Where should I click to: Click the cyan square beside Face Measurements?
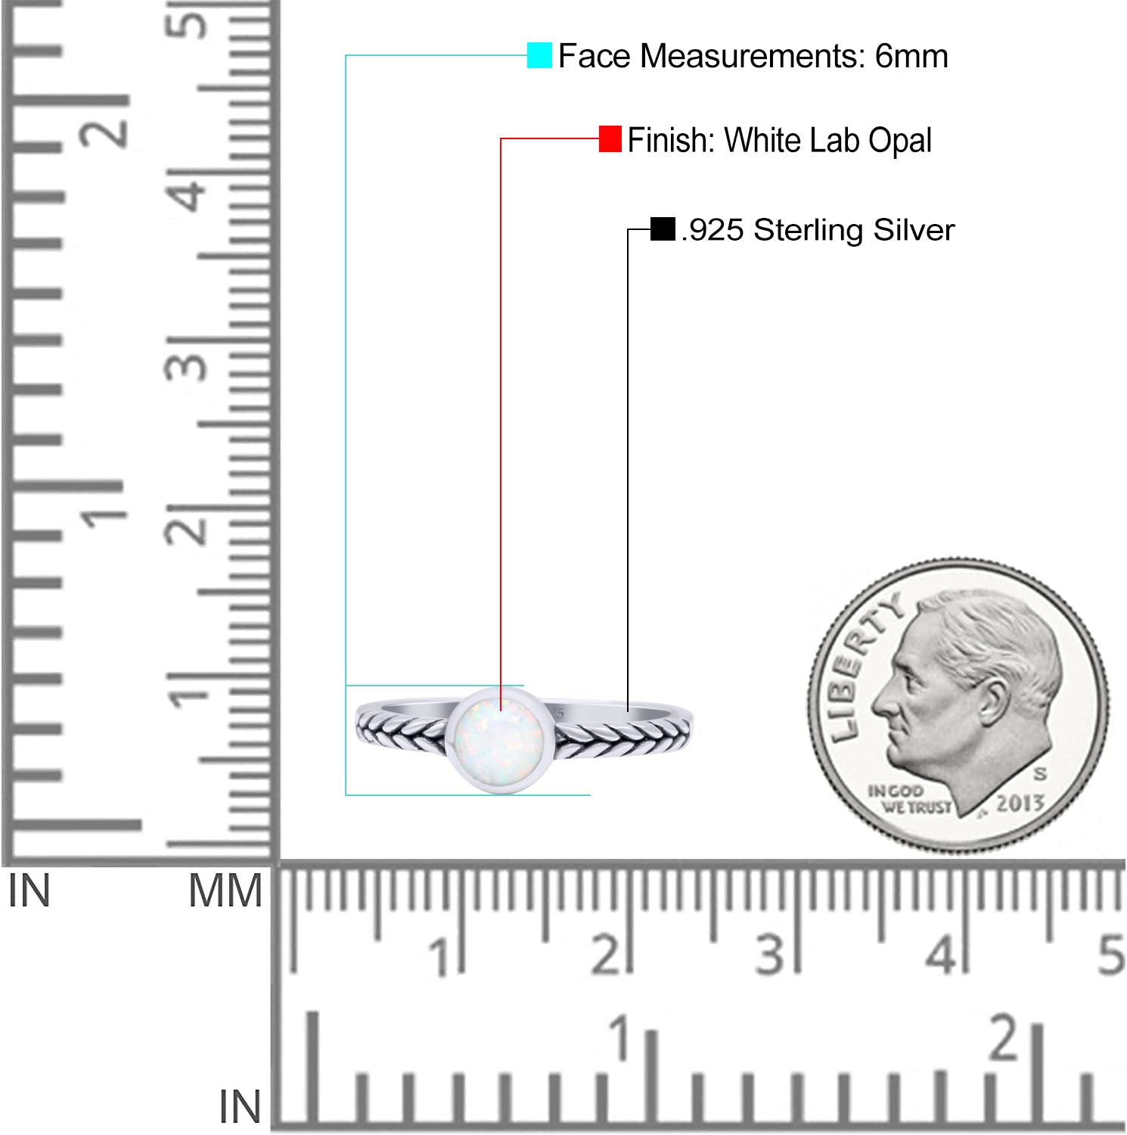click(539, 55)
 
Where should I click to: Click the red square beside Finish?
click(610, 139)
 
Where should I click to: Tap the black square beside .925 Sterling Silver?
click(663, 229)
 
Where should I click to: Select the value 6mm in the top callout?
click(911, 56)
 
